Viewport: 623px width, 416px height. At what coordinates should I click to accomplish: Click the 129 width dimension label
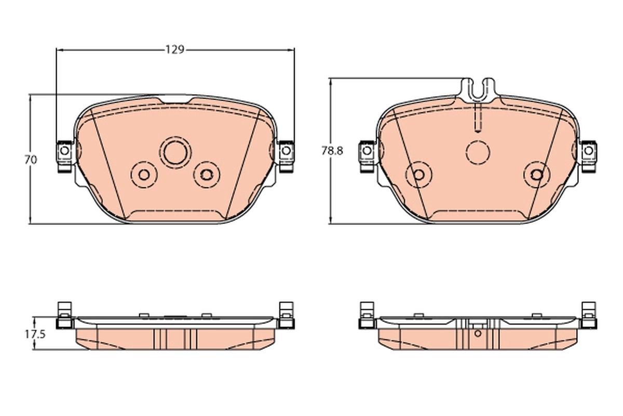coord(175,50)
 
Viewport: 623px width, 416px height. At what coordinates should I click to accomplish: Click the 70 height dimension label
coord(31,160)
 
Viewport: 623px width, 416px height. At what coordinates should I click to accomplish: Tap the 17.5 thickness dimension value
coord(32,334)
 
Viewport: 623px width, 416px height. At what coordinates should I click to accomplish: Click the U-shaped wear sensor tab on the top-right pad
coord(480,89)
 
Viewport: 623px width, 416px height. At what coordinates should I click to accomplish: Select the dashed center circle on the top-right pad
coord(478,152)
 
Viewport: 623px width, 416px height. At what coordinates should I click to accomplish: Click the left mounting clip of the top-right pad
coord(367,155)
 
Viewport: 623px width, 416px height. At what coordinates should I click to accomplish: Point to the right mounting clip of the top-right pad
coord(588,155)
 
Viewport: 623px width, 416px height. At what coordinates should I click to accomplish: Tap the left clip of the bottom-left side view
coord(64,316)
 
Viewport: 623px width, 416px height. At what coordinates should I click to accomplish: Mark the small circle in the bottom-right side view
coord(478,333)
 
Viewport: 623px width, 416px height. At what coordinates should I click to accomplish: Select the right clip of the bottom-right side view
coord(588,316)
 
